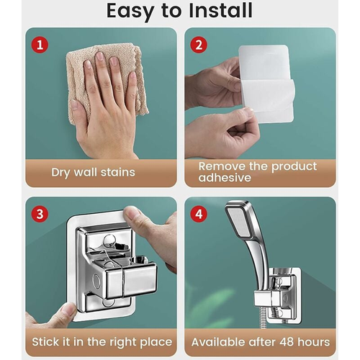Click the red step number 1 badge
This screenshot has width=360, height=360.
(x=41, y=45)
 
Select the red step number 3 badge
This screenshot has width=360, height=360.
(x=41, y=214)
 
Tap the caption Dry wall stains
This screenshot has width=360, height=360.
(x=93, y=172)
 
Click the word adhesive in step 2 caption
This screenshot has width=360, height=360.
(x=223, y=178)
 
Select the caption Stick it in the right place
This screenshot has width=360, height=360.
(x=100, y=341)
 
